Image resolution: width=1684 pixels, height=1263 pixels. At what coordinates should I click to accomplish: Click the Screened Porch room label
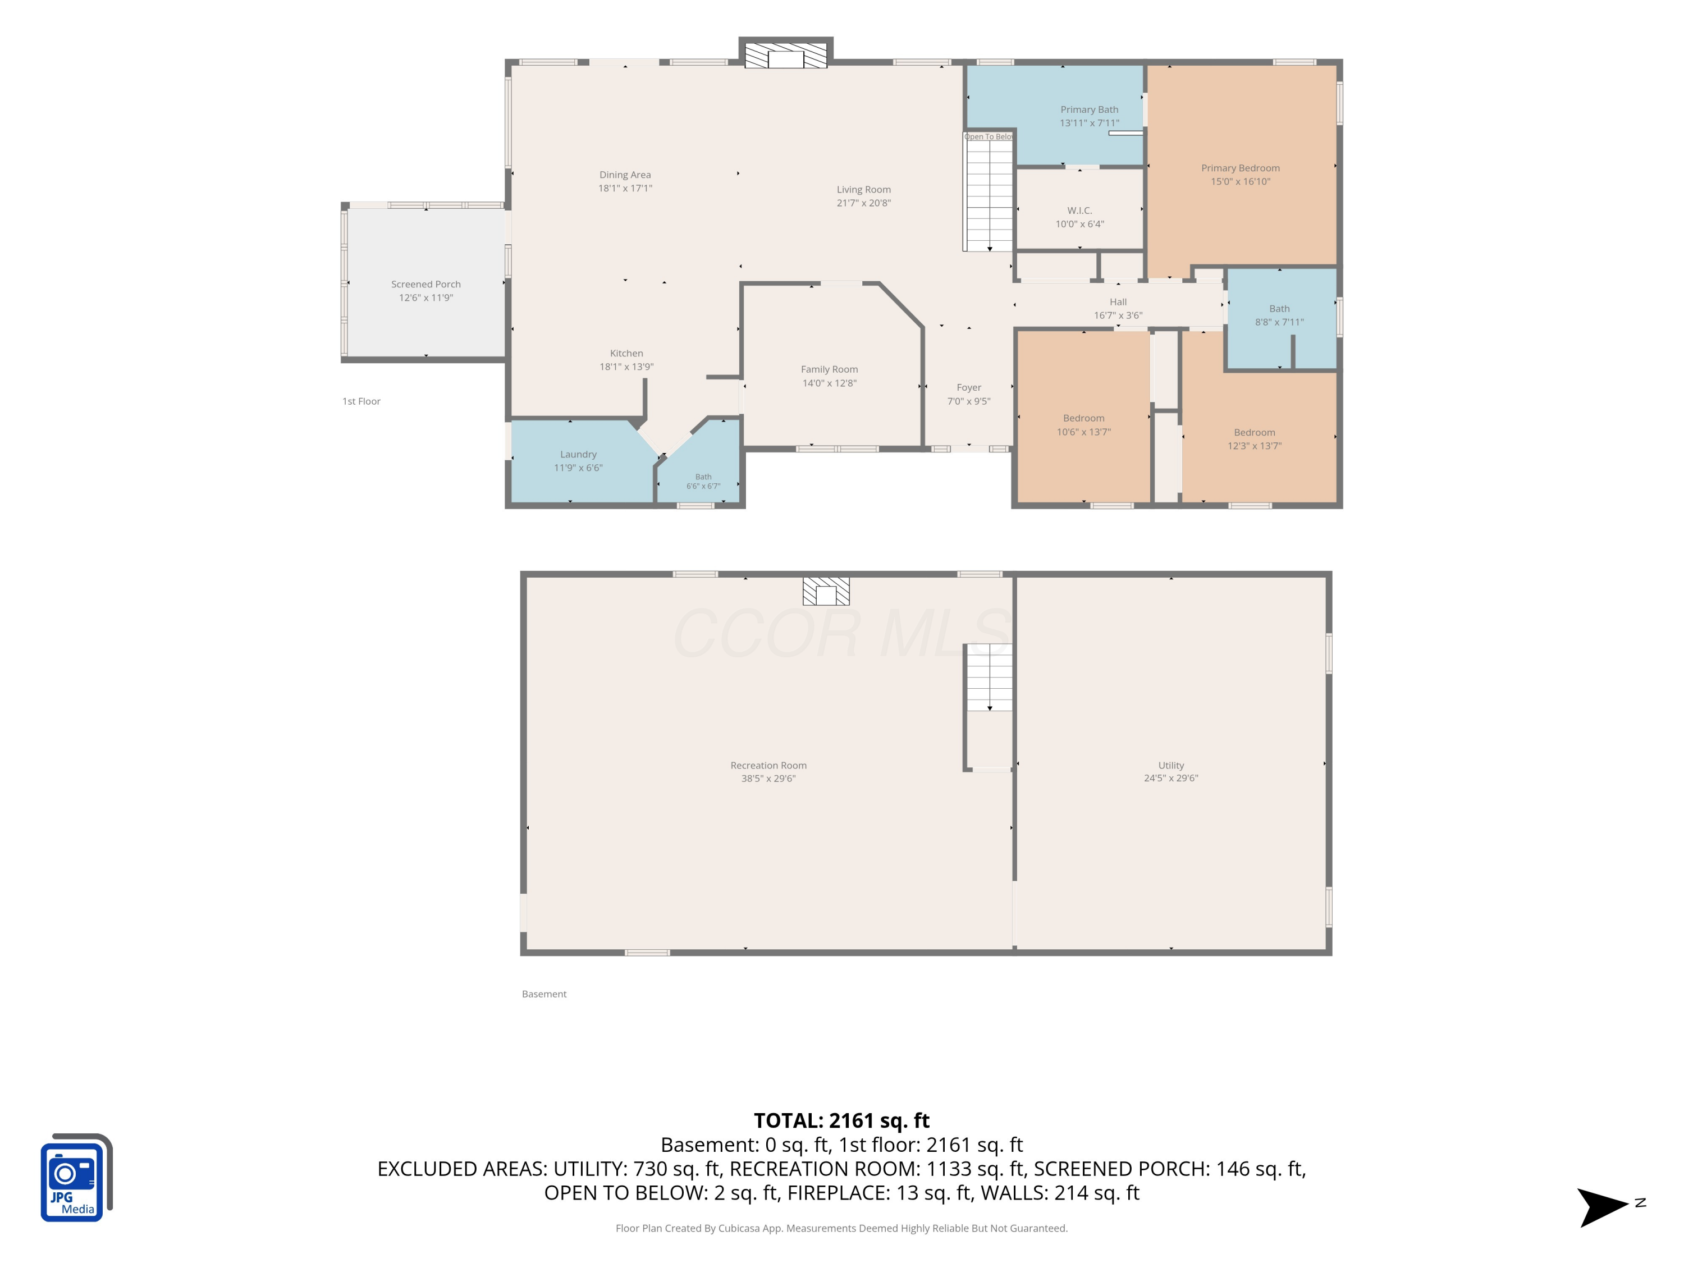[425, 284]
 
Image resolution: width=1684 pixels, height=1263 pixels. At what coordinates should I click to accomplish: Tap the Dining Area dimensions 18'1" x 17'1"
[625, 188]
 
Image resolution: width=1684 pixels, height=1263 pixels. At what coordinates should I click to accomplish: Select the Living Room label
[863, 190]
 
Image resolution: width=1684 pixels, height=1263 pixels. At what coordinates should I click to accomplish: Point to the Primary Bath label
[1090, 109]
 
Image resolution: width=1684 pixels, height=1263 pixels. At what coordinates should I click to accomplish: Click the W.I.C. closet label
[1079, 210]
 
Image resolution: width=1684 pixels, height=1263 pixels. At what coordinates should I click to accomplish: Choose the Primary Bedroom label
[1240, 168]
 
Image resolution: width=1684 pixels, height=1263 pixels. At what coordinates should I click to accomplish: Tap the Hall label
[1118, 302]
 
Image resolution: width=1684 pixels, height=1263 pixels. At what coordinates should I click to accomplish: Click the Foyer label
[968, 387]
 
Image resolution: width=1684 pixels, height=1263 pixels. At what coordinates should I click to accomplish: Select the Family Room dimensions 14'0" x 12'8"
[829, 383]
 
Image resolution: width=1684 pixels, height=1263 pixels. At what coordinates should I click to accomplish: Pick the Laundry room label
[578, 455]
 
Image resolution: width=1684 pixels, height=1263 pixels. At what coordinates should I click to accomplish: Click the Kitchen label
[626, 353]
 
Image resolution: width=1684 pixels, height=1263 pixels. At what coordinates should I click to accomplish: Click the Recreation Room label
[768, 765]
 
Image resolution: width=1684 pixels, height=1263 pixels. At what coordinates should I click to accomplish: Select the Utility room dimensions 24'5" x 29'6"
[1171, 778]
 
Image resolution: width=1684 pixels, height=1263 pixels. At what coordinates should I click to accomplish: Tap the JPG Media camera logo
[76, 1177]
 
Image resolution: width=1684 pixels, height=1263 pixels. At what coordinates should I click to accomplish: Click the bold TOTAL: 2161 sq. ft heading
[841, 1120]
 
